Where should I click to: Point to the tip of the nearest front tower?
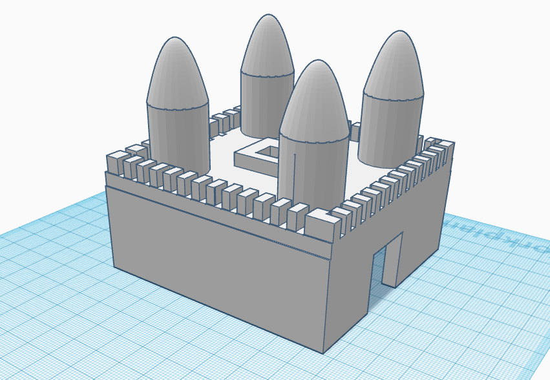[315, 62]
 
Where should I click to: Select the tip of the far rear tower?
[267, 16]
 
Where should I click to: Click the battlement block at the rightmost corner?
[443, 148]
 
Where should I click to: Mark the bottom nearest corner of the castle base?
[323, 353]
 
